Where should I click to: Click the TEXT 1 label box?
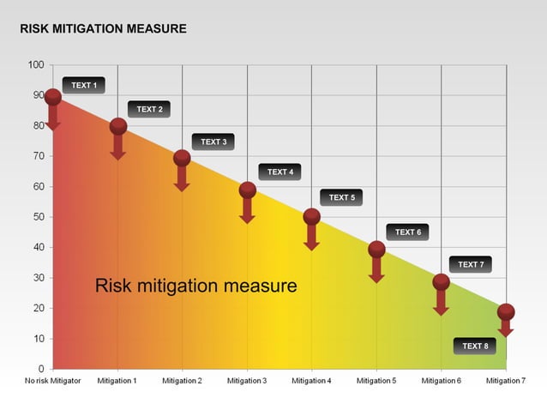(83, 85)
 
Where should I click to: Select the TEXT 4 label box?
(280, 172)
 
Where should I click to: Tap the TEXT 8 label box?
(474, 346)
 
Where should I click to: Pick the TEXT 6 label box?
(407, 232)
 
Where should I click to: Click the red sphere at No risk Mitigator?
(53, 97)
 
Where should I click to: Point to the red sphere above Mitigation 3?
(247, 190)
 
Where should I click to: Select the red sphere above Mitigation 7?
(506, 312)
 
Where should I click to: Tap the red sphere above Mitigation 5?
(376, 250)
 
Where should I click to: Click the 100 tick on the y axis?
(35, 65)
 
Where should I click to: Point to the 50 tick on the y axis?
(38, 217)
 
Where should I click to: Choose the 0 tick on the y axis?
(40, 369)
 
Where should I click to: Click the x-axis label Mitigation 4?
(311, 381)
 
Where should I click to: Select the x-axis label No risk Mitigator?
(53, 381)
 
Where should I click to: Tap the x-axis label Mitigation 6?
(441, 381)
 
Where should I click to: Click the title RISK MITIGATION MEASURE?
(103, 29)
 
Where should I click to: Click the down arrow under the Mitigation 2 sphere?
(182, 178)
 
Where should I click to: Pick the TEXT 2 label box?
(149, 109)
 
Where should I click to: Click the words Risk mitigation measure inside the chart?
(195, 286)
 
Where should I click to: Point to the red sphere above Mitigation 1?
(118, 127)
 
